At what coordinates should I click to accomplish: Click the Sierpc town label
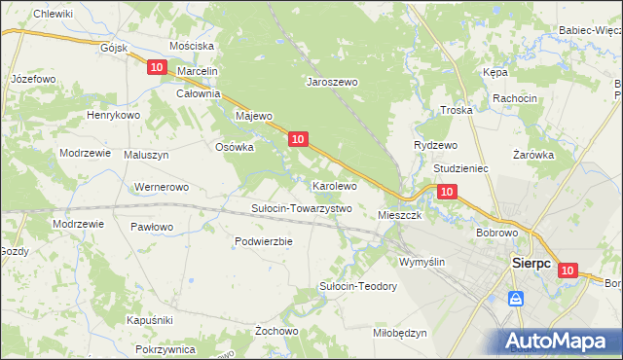(x=531, y=263)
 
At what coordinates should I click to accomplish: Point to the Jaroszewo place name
(x=332, y=83)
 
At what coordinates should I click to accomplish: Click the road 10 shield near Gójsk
(x=158, y=66)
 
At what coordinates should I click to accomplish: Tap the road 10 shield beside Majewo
(x=298, y=140)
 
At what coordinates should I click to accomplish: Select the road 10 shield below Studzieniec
(x=446, y=193)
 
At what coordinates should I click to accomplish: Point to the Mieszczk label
(x=399, y=215)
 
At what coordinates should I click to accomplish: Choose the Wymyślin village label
(x=421, y=262)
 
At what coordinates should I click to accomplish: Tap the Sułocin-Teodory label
(x=358, y=286)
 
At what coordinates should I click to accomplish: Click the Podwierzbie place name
(x=264, y=241)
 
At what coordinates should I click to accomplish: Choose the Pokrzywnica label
(x=166, y=348)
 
